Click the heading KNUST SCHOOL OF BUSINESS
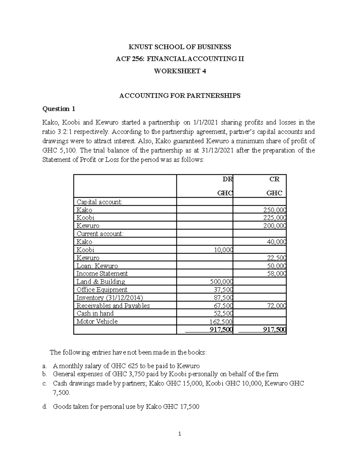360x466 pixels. click(180, 47)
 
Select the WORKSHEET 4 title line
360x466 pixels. click(180, 71)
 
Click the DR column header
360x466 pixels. click(227, 179)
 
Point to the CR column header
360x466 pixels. click(274, 179)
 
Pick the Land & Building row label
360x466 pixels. click(101, 281)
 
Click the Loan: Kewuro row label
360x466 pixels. click(97, 266)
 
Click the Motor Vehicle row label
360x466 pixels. click(97, 321)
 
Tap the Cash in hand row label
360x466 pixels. click(95, 313)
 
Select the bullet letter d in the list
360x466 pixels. click(44, 407)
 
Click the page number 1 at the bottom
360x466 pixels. click(179, 434)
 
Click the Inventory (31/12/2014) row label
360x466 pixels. click(110, 297)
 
